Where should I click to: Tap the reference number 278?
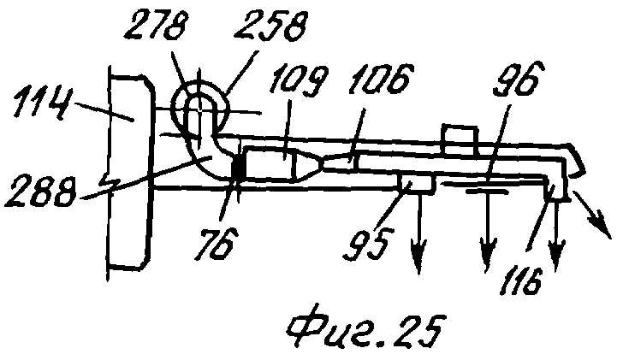155,25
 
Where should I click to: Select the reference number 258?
270,25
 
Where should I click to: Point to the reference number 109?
298,80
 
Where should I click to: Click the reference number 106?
381,78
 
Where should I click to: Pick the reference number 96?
517,78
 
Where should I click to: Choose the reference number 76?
214,242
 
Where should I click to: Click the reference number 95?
368,243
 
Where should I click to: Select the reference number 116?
521,280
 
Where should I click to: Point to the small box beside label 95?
417,184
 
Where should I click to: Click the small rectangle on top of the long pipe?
460,140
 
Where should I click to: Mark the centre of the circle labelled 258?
199,106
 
